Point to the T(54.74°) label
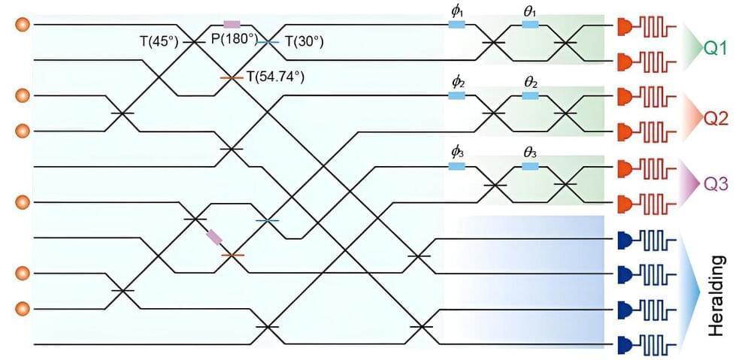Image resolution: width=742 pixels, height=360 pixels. [x=276, y=77]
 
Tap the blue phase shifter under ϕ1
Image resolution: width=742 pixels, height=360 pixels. [x=456, y=25]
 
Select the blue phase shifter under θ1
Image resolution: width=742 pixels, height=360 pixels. [x=530, y=25]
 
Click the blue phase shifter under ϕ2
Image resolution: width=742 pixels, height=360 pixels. [x=456, y=95]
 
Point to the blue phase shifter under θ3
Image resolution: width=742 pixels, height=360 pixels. [x=531, y=166]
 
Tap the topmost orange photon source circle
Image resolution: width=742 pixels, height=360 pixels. [x=23, y=26]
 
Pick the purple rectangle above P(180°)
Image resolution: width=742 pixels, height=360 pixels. [x=232, y=25]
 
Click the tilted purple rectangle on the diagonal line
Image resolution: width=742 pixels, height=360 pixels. [x=215, y=237]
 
